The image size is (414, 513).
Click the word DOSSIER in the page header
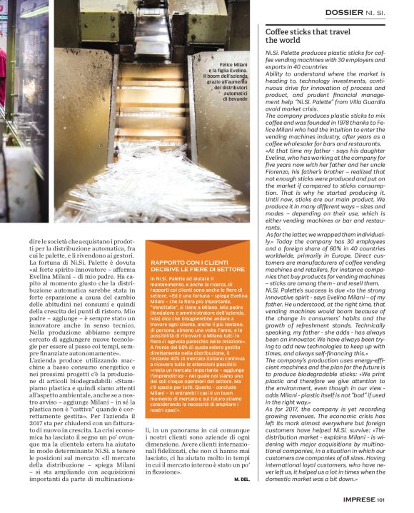tap(345, 12)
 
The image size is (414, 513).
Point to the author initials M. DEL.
tap(242, 480)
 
